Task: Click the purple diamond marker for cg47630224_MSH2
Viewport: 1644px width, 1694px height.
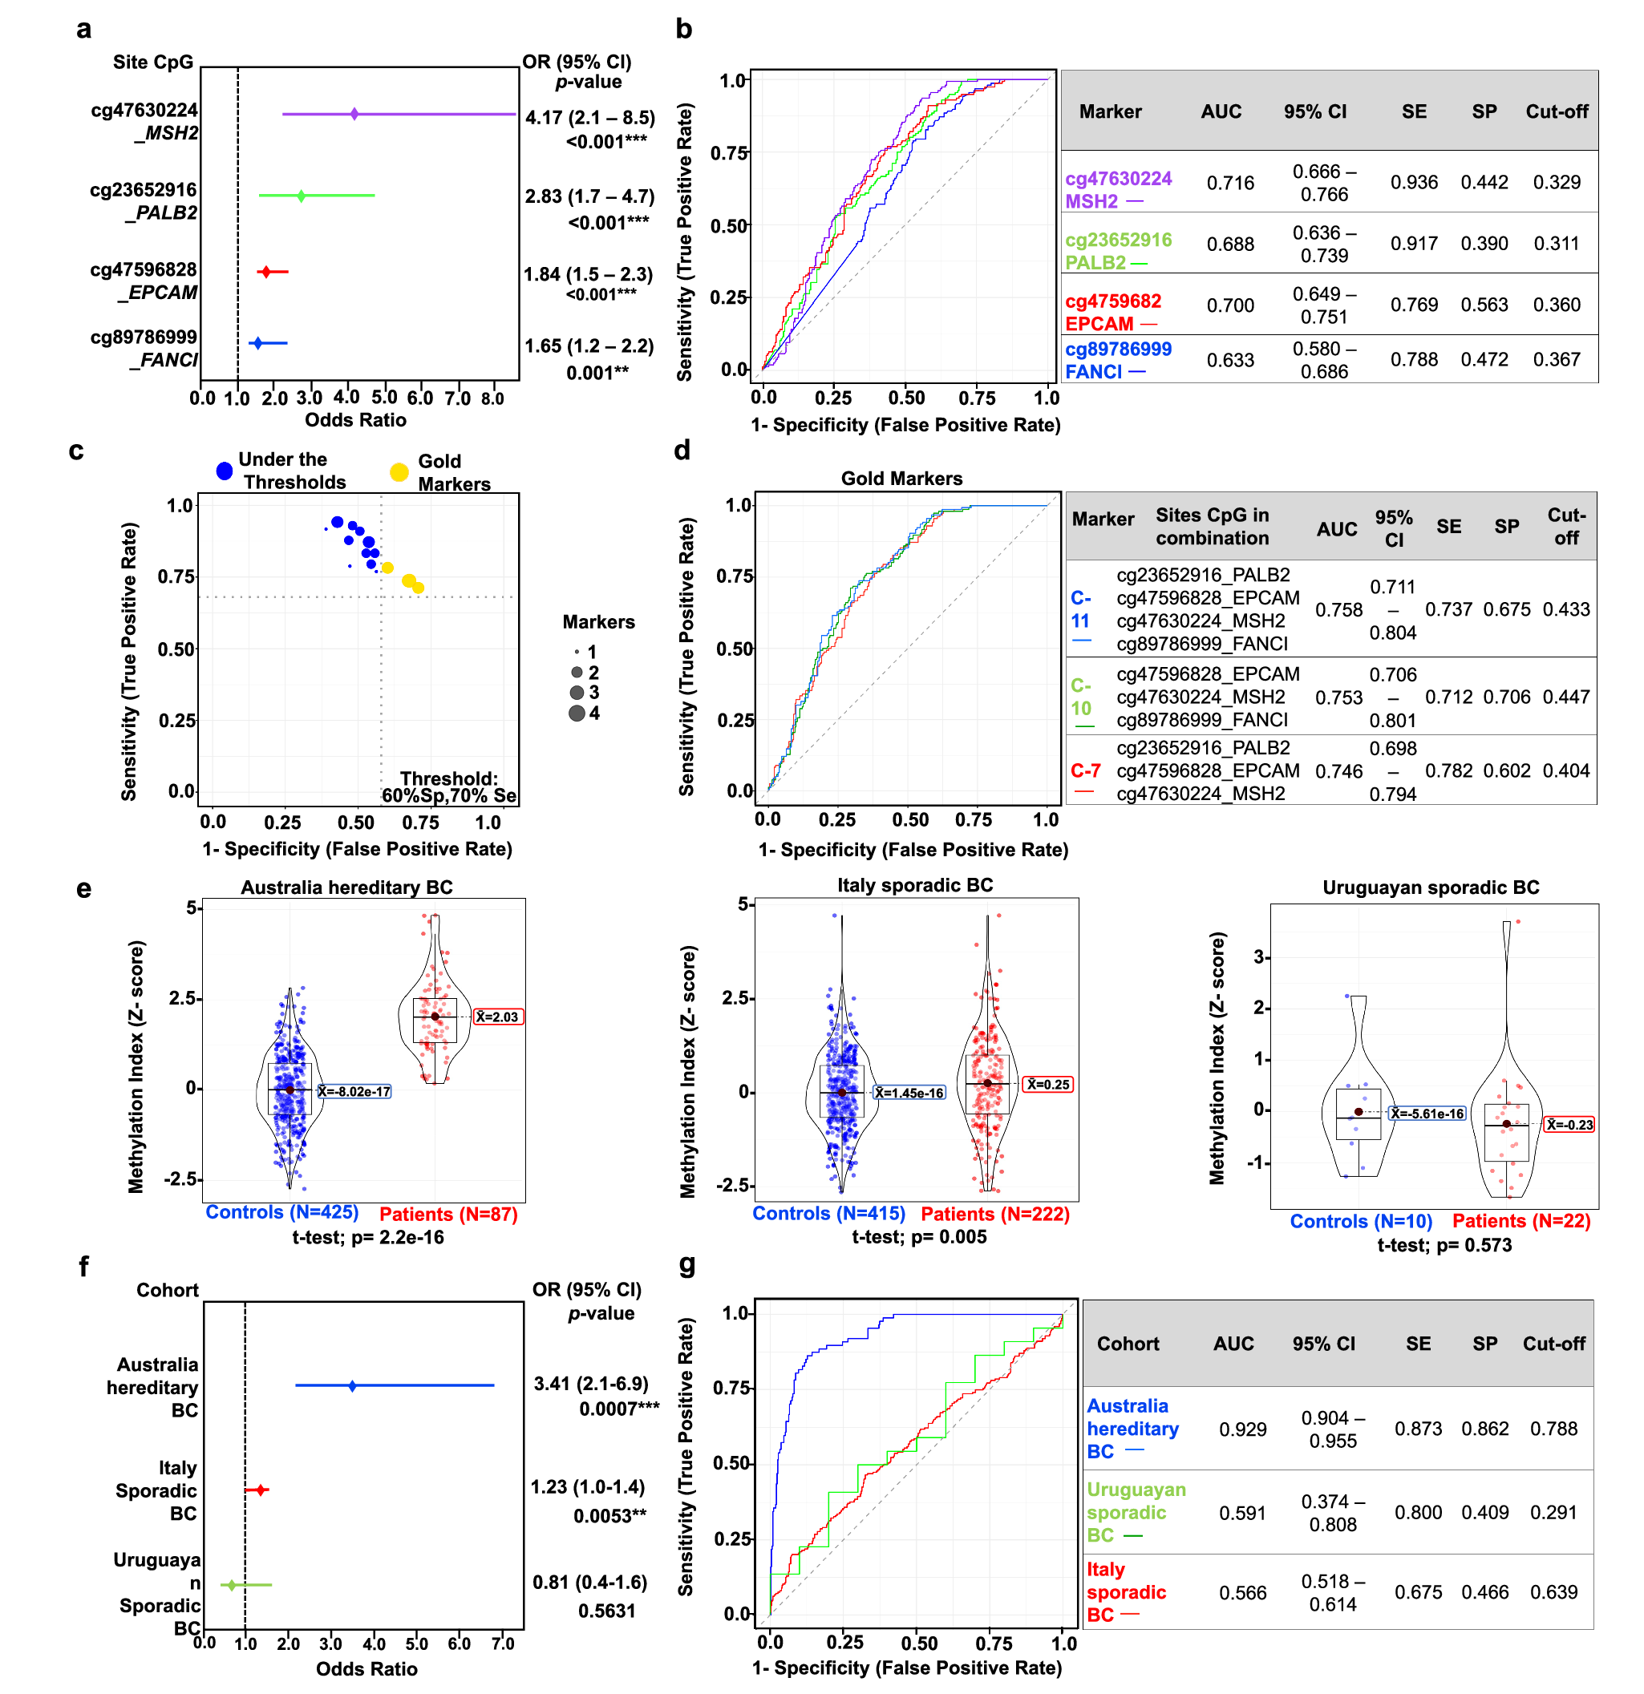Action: [x=354, y=114]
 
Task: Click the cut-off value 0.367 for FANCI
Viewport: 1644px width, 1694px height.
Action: [x=1556, y=359]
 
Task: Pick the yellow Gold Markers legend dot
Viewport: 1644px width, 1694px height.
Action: [x=399, y=472]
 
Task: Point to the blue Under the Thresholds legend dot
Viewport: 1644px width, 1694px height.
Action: [x=225, y=471]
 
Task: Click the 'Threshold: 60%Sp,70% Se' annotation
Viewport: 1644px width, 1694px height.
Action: [x=448, y=787]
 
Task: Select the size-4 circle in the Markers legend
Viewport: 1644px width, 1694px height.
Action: [x=577, y=713]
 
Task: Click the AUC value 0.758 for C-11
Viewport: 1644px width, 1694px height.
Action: [x=1338, y=610]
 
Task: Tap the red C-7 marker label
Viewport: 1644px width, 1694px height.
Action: [x=1085, y=771]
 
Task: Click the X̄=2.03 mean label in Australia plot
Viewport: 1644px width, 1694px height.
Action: [x=498, y=1017]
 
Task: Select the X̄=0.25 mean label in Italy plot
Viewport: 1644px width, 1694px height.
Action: [x=1047, y=1085]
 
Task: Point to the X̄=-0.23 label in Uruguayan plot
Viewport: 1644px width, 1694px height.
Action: [x=1569, y=1125]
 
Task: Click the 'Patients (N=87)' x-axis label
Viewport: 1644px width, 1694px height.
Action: [x=447, y=1215]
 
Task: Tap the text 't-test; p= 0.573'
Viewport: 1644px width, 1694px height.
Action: [x=1444, y=1245]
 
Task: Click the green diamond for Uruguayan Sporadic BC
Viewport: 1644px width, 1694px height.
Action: [x=231, y=1585]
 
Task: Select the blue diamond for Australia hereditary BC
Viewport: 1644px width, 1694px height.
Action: [x=352, y=1386]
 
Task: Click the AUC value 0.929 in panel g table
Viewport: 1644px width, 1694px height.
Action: [x=1242, y=1429]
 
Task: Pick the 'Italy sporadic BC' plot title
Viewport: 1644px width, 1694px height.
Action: [x=914, y=885]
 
